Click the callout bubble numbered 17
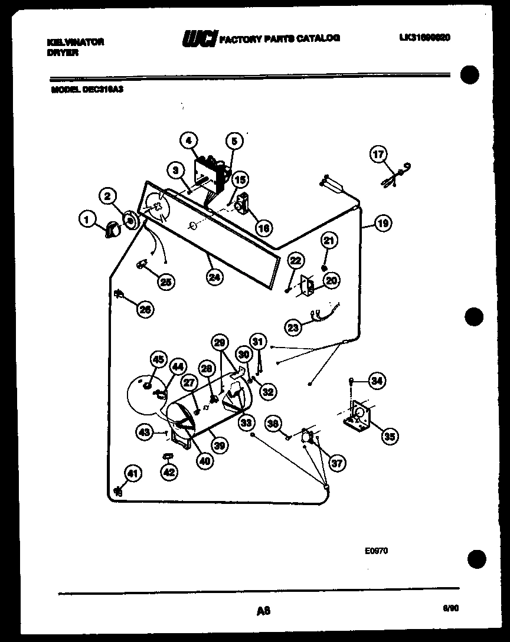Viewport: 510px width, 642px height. tap(378, 155)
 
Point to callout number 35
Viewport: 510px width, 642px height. tap(389, 436)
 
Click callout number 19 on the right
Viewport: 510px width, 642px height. tap(383, 224)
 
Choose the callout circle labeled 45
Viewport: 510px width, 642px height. tap(158, 359)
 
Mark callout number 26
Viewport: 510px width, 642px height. tap(145, 307)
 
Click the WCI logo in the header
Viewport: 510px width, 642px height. tap(200, 38)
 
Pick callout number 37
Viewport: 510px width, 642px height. tap(336, 463)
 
